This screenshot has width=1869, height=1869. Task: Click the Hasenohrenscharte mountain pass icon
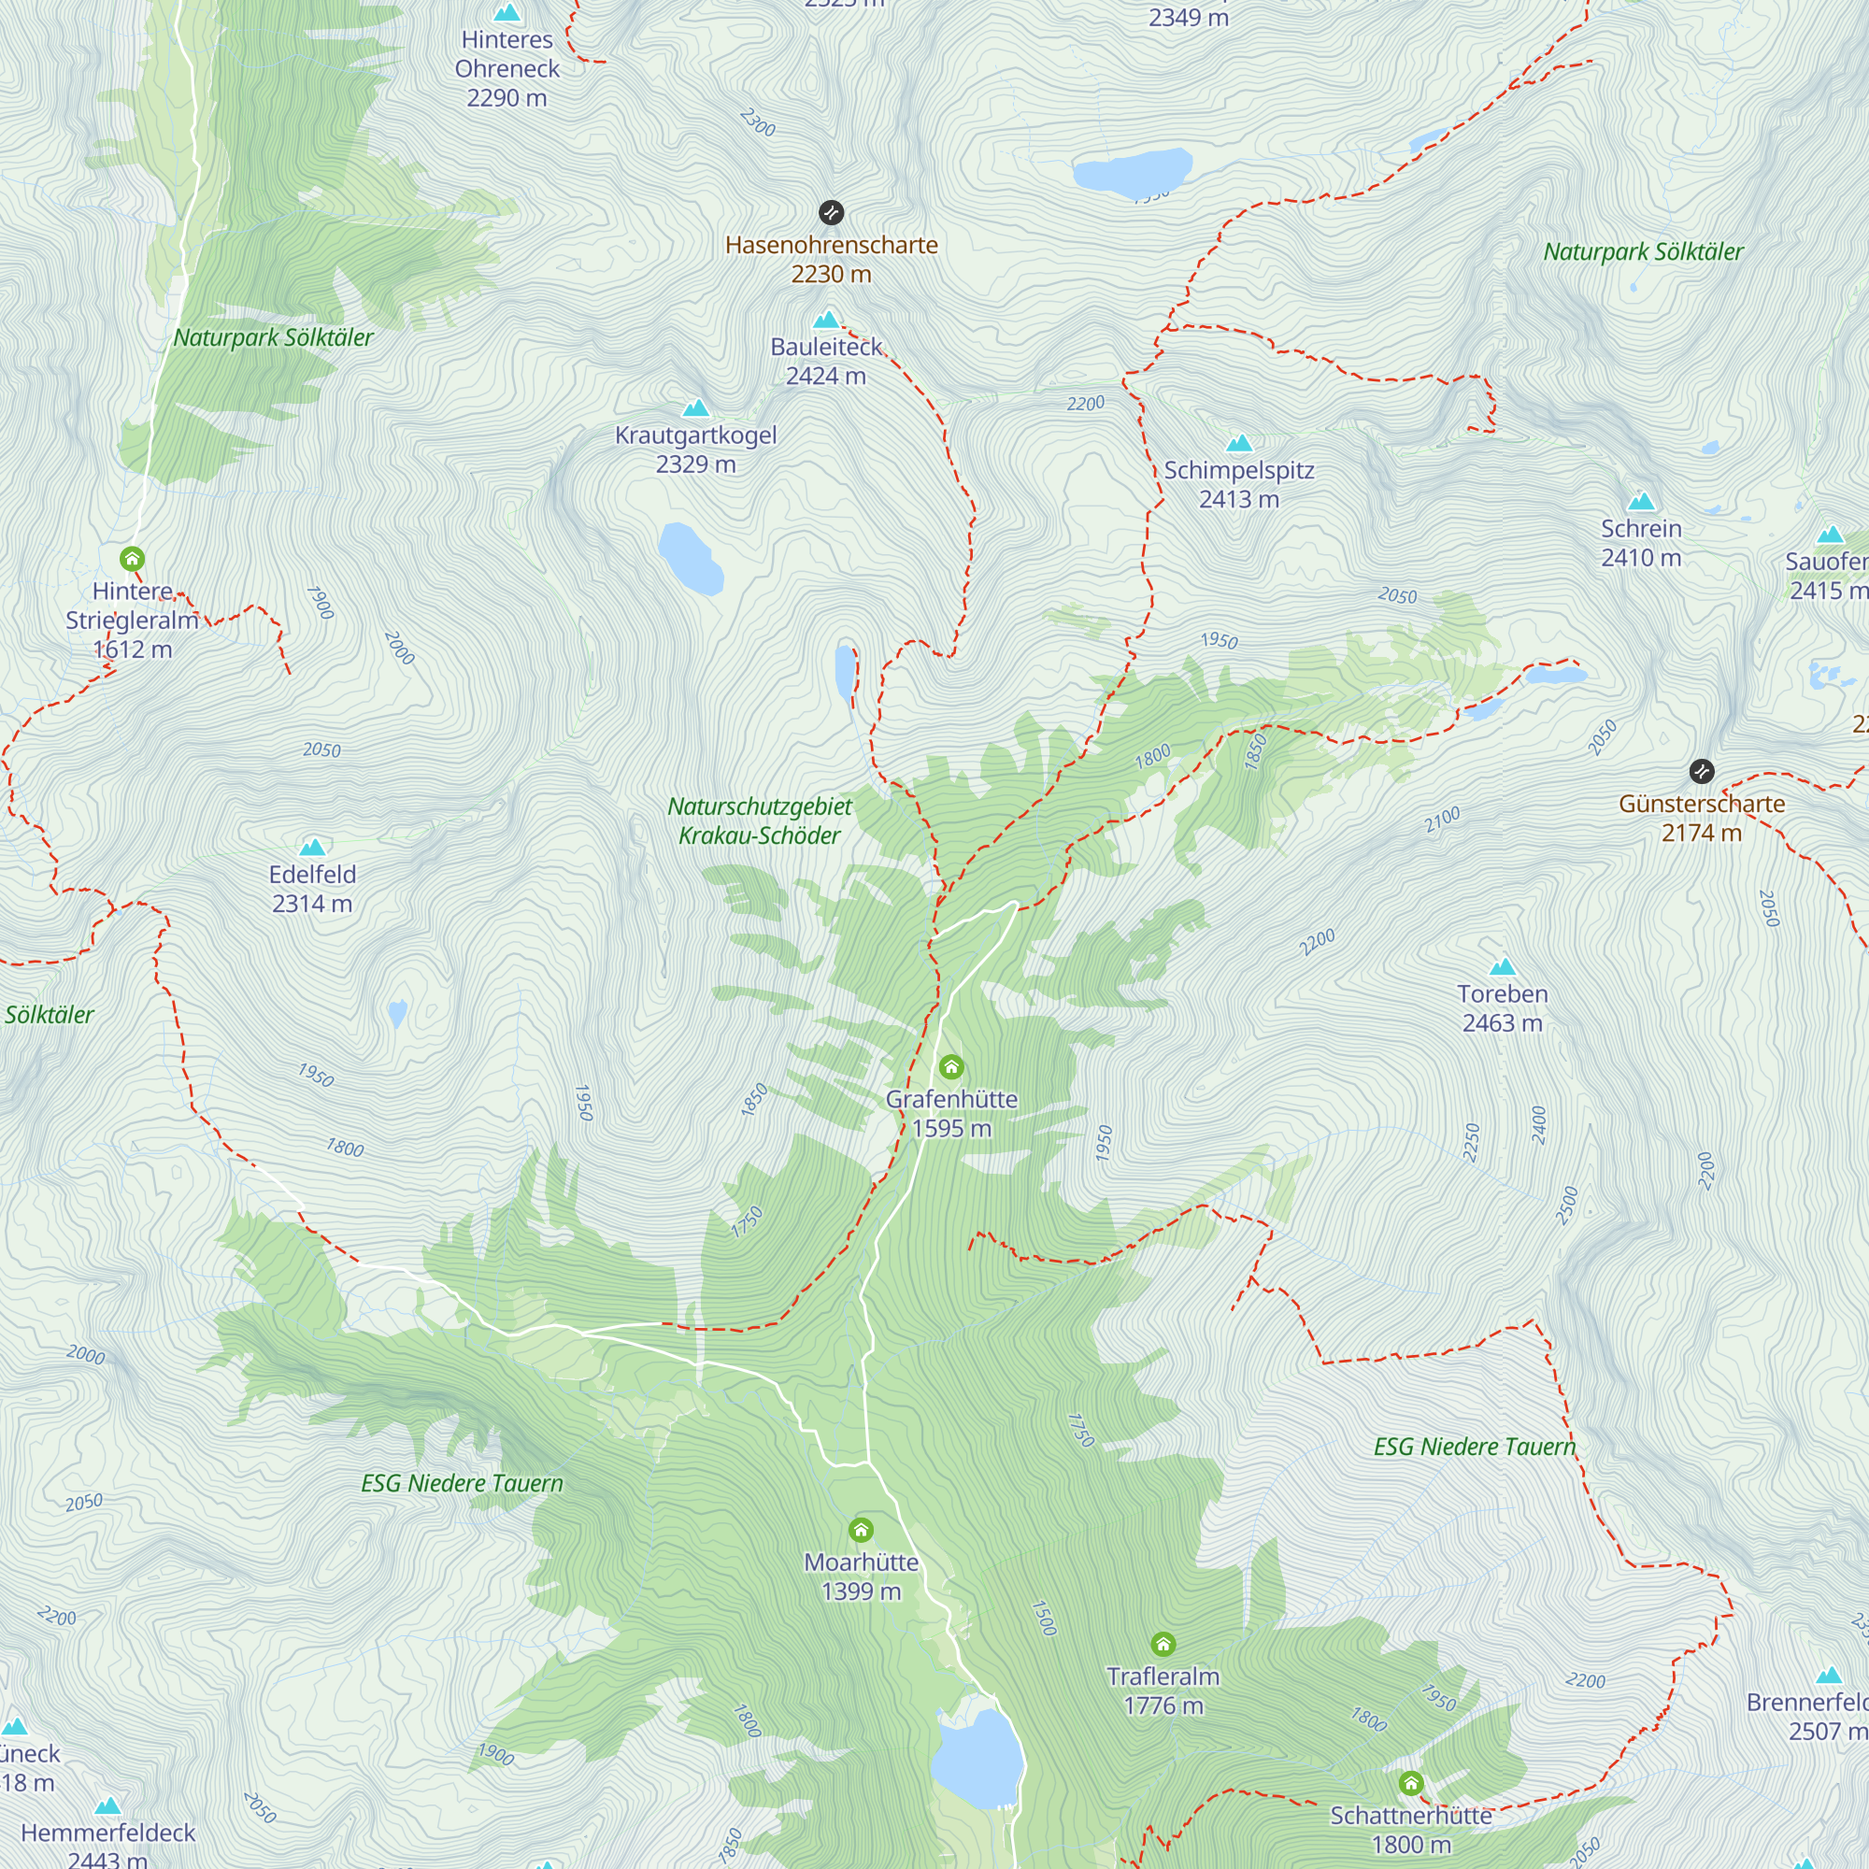tap(831, 213)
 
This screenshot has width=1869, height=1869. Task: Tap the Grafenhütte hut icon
tap(951, 1067)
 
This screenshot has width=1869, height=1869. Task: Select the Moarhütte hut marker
tap(861, 1530)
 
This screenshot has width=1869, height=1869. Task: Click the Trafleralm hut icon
tap(1163, 1644)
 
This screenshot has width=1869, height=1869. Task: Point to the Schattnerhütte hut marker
tap(1410, 1782)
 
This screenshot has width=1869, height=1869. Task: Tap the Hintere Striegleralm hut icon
tap(133, 558)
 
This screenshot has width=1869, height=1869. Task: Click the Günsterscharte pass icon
tap(1702, 771)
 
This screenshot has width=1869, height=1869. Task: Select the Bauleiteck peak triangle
tap(826, 320)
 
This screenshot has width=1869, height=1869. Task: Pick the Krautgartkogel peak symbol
tap(695, 407)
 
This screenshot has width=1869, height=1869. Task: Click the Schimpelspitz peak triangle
tap(1239, 443)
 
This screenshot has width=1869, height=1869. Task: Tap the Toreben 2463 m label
tap(1502, 1008)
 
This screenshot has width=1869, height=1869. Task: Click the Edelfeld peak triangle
tap(311, 848)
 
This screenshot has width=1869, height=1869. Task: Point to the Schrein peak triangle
tap(1642, 501)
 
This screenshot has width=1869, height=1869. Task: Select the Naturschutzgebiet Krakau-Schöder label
tap(760, 820)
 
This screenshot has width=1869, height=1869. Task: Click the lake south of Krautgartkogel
tap(690, 558)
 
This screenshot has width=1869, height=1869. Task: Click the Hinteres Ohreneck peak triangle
tap(506, 12)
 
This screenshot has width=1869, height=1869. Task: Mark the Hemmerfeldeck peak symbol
tap(108, 1805)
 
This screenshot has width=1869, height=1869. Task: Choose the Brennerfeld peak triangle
tap(1829, 1676)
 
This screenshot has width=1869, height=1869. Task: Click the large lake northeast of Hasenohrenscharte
tap(1131, 172)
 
